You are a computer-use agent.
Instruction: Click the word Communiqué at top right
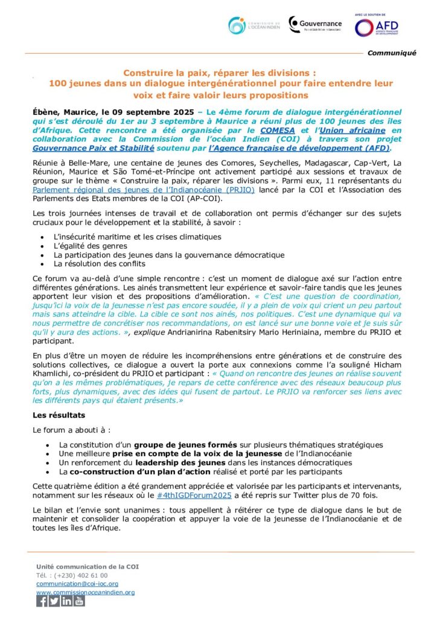[x=392, y=53]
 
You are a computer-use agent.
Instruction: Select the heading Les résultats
[x=59, y=415]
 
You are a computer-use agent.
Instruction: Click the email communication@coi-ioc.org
[x=77, y=584]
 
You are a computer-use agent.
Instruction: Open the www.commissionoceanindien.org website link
[x=85, y=592]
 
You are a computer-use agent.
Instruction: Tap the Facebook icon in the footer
[x=42, y=601]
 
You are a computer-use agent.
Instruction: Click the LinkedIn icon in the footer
[x=66, y=601]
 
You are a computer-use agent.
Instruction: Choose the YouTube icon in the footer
[x=79, y=601]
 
